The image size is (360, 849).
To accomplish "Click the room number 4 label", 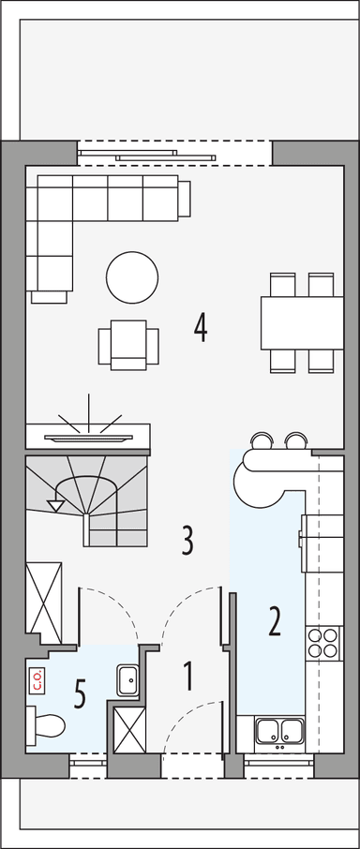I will (x=200, y=327).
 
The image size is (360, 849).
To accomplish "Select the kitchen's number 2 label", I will (x=274, y=621).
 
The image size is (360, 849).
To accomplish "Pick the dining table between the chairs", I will (x=297, y=322).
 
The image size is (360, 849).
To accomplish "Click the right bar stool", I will (x=296, y=440).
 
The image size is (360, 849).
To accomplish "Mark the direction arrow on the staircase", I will (x=55, y=504).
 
